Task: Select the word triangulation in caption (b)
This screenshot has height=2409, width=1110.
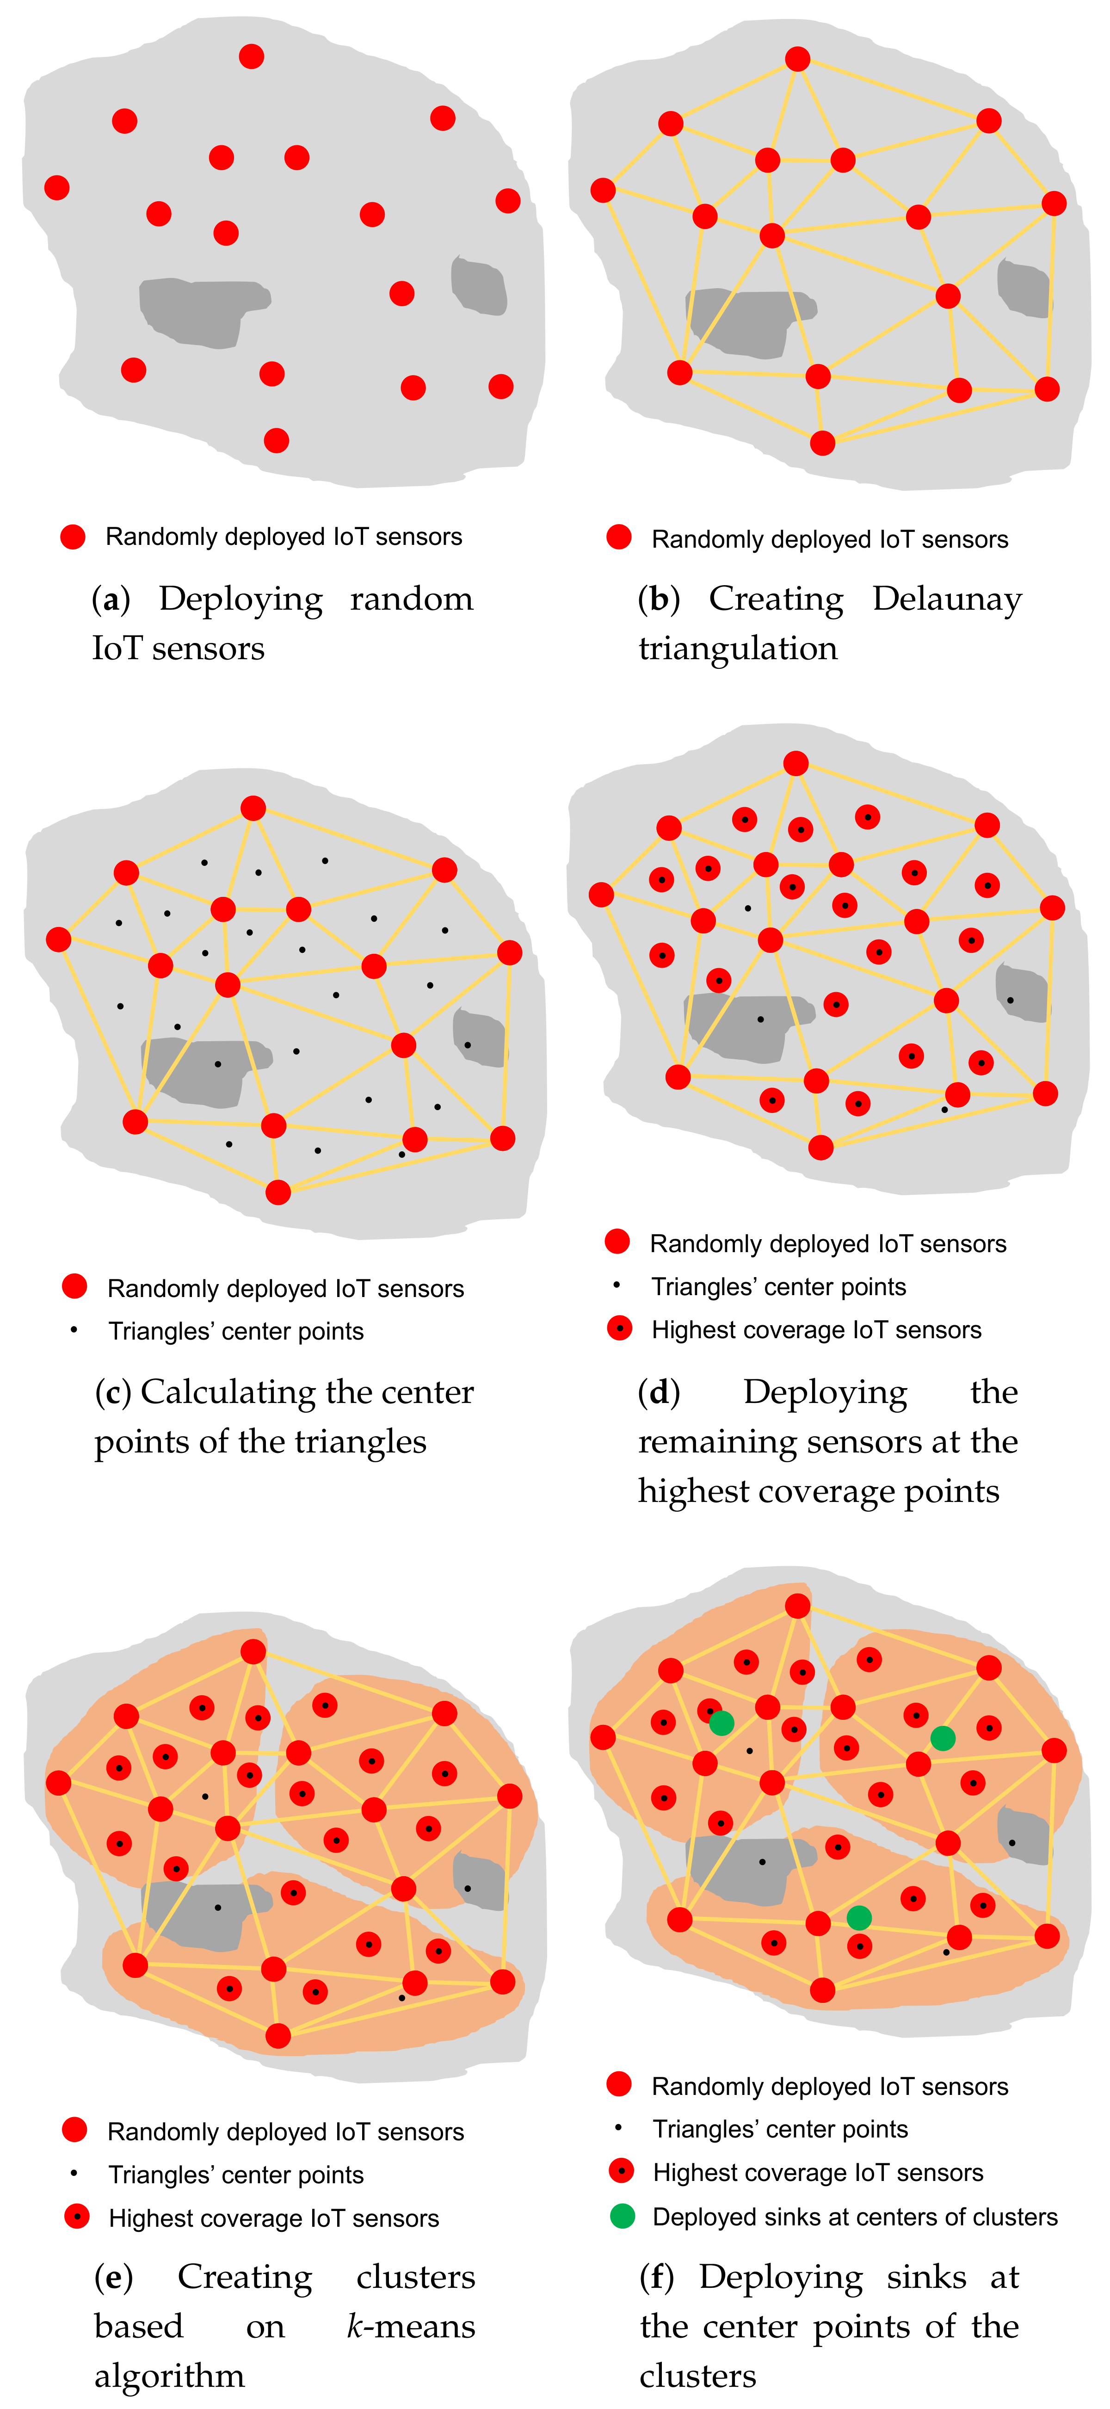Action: tap(738, 648)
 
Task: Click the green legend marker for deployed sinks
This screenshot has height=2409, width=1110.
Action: tap(622, 2216)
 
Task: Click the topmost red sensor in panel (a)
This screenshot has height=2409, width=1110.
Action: tap(251, 56)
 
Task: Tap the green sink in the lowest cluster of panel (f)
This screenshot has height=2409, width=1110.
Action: tap(858, 1918)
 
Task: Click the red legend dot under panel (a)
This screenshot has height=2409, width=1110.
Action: tap(73, 537)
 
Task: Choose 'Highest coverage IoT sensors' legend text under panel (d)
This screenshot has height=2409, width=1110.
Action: tap(816, 1330)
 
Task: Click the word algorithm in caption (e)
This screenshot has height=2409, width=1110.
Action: tap(169, 2375)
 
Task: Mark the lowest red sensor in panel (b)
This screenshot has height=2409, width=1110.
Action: tap(822, 442)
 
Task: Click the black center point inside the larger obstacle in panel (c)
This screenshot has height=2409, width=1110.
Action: tap(218, 1064)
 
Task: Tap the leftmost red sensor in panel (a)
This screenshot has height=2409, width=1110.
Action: tap(57, 187)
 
